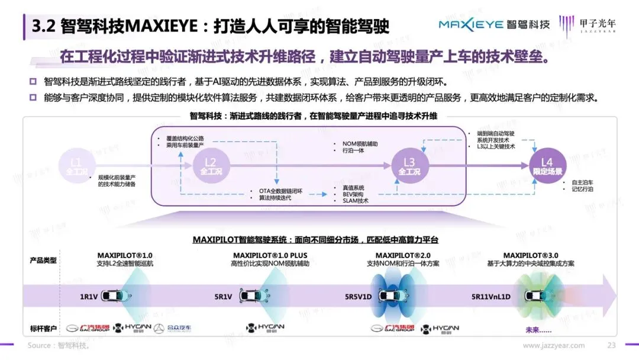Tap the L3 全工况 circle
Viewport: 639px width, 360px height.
point(409,166)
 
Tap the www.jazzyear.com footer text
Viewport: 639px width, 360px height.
point(554,346)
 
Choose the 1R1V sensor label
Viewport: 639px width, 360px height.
point(89,296)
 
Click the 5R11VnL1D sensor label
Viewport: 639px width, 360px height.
point(490,296)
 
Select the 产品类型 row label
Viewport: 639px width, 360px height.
point(43,260)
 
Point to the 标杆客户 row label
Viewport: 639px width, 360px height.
point(43,329)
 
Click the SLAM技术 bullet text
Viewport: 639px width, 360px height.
point(355,201)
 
